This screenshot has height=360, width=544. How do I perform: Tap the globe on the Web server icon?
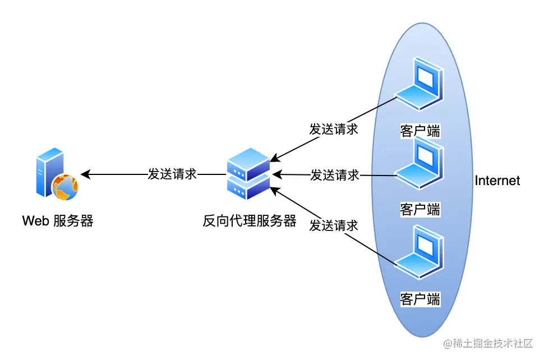pos(65,188)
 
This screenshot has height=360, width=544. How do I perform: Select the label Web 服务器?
pos(58,221)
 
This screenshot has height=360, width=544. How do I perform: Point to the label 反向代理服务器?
pos(249,221)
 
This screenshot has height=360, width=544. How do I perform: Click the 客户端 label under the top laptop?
pos(419,131)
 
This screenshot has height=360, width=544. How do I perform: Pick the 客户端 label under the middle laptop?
pos(419,210)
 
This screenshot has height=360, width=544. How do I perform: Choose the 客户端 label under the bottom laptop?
pos(419,298)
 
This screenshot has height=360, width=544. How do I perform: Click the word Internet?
pos(497,181)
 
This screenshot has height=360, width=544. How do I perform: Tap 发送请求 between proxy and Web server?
pos(172,174)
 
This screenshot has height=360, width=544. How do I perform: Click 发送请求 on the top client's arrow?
pos(334,128)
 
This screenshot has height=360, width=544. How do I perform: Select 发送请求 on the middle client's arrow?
pos(335,175)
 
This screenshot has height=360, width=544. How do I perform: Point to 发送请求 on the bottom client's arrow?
pos(334,226)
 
